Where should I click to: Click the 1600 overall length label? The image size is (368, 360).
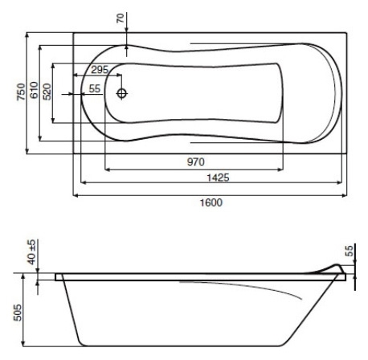point(211,202)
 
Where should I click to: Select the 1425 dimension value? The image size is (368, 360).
point(218,178)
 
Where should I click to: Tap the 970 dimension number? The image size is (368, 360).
point(196,162)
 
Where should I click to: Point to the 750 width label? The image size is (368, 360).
point(21,92)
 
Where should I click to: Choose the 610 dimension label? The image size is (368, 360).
point(34,90)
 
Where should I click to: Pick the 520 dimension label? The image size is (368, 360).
point(47,92)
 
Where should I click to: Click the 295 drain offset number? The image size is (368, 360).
point(100,70)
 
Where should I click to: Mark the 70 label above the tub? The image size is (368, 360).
point(121,18)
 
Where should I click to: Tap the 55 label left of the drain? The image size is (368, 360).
point(95,88)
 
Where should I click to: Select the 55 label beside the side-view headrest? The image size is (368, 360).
point(349,251)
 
